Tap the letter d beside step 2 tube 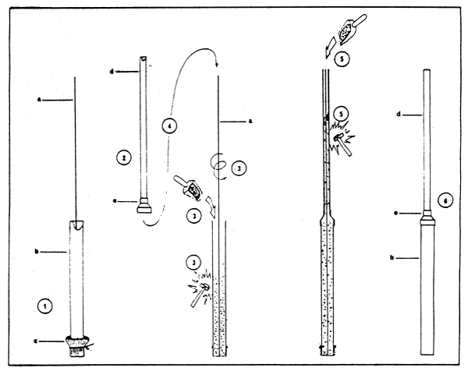pos(113,72)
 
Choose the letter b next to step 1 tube pos(38,251)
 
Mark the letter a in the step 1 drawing pos(40,100)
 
